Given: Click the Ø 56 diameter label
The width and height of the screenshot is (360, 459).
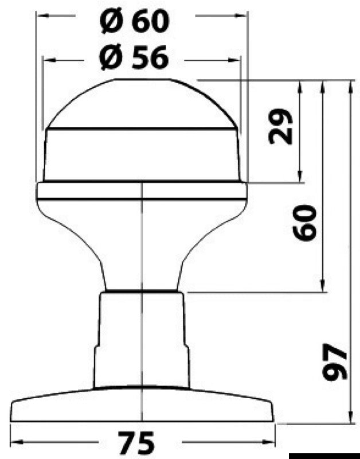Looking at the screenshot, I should click(x=134, y=57).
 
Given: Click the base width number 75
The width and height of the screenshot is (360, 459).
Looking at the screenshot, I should click(x=137, y=442).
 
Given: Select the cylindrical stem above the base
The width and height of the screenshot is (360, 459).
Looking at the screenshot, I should click(x=142, y=339).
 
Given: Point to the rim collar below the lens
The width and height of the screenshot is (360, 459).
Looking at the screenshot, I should click(x=142, y=191).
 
